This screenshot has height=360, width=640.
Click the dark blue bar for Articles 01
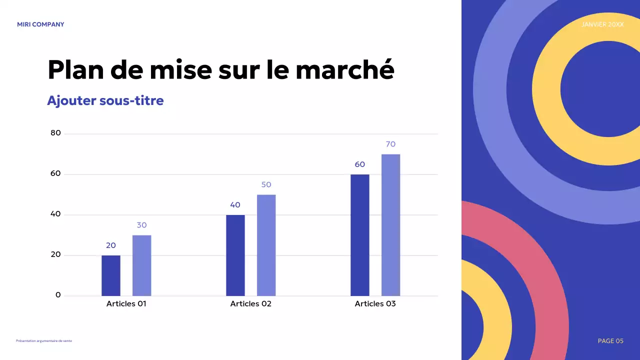click(111, 275)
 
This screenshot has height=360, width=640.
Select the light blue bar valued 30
click(141, 265)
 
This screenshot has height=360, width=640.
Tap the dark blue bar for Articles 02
click(235, 255)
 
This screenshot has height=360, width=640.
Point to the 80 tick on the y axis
click(55, 133)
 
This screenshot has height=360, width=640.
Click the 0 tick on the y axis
click(58, 295)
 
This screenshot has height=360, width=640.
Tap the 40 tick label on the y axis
click(55, 214)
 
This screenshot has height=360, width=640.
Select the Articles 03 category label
click(375, 304)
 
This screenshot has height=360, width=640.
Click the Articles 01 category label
click(126, 304)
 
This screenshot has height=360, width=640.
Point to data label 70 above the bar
click(390, 144)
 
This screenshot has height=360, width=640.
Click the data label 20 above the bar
click(111, 245)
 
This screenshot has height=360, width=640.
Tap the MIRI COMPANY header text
click(40, 24)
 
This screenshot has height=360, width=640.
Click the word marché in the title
click(344, 69)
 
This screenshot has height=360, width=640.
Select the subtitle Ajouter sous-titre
click(105, 100)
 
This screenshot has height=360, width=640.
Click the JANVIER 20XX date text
click(602, 24)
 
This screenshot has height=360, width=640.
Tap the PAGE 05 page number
click(610, 341)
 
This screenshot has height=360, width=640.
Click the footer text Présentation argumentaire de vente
click(44, 341)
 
